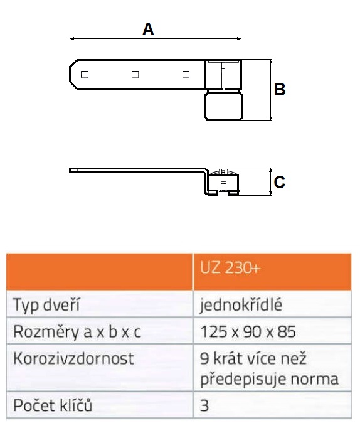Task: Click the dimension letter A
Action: click(x=148, y=29)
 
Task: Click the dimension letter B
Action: click(x=280, y=89)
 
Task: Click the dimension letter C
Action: click(x=280, y=182)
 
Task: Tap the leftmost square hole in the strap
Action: click(x=85, y=74)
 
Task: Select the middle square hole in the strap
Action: click(x=135, y=74)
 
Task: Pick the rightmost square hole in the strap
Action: click(x=186, y=74)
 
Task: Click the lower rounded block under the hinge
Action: click(x=223, y=106)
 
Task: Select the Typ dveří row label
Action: click(x=46, y=304)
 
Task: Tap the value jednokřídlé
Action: click(x=241, y=305)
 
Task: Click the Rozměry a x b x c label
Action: click(x=77, y=331)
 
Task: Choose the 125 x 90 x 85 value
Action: click(x=248, y=331)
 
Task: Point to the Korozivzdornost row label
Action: click(x=73, y=358)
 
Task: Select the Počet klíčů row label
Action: click(x=53, y=405)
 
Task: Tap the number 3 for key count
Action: click(x=204, y=405)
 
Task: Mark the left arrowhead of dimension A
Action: click(x=72, y=39)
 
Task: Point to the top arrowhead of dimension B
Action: click(x=270, y=62)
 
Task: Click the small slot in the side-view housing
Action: click(x=223, y=183)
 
